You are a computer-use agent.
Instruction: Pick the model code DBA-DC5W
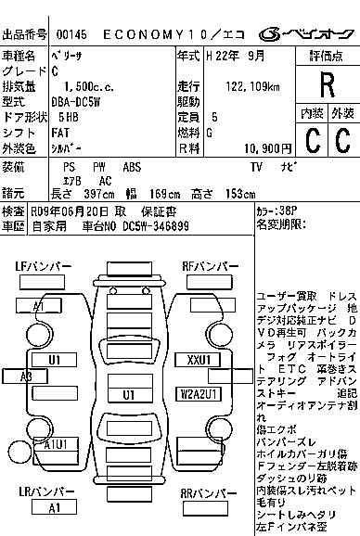click(x=73, y=101)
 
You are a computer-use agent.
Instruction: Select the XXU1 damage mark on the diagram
click(x=199, y=359)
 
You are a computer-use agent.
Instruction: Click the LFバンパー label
click(x=43, y=266)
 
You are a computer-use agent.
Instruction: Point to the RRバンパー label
click(x=203, y=493)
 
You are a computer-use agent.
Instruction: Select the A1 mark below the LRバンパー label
click(x=55, y=508)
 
